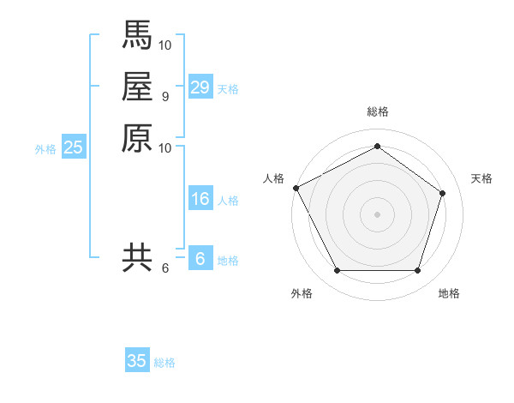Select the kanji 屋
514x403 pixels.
coord(136,87)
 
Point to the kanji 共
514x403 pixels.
coord(136,257)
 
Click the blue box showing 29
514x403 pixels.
coord(200,87)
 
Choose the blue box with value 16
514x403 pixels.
coord(200,200)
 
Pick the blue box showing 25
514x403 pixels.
coord(73,147)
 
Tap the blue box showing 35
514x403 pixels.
coord(136,361)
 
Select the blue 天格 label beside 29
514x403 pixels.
coord(228,88)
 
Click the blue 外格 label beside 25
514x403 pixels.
coord(45,148)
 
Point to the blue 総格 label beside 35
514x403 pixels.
coord(164,362)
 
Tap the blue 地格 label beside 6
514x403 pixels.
coord(228,261)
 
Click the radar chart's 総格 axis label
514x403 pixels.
coord(377,111)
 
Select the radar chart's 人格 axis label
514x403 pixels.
coord(273,177)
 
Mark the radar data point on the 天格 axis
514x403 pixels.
coord(442,193)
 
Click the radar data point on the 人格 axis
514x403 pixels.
coord(296,188)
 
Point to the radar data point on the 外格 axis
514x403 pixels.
coord(337,271)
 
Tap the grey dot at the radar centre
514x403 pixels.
coord(377,214)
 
